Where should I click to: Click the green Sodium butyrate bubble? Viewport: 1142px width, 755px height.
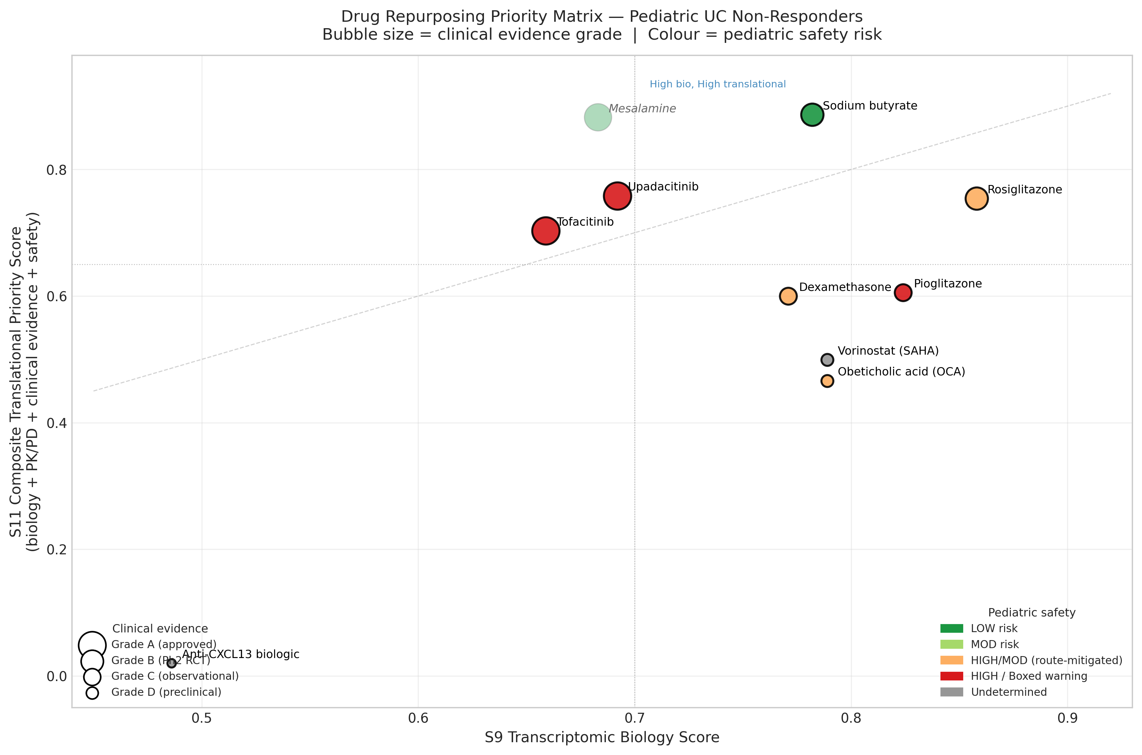tap(812, 115)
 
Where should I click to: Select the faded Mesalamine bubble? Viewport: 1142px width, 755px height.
tap(598, 117)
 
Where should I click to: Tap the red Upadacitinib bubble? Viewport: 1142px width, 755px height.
tap(617, 196)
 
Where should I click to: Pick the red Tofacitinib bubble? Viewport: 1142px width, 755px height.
tap(546, 231)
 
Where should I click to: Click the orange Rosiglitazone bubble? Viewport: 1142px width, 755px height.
tap(976, 198)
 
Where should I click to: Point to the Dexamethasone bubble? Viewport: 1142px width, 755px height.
tap(788, 296)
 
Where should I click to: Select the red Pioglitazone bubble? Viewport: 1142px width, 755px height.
tap(903, 292)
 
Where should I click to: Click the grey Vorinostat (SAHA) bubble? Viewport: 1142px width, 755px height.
tap(827, 360)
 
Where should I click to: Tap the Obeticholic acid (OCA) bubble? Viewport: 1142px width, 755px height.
tap(827, 381)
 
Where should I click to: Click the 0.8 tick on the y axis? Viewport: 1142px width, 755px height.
tap(56, 170)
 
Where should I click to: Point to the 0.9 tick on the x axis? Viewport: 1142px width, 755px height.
tap(1067, 719)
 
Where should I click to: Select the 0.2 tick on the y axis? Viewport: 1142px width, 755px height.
tap(56, 550)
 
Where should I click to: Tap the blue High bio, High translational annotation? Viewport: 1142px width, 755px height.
tap(717, 84)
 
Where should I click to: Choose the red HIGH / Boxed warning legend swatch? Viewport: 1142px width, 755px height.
tap(951, 676)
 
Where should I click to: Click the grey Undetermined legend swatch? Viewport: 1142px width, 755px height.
tap(951, 692)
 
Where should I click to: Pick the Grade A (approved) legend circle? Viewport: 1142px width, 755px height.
tap(92, 644)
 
